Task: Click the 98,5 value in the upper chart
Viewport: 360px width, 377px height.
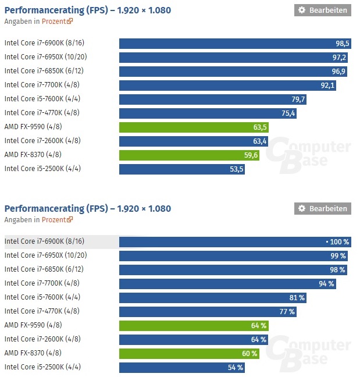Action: [x=342, y=44]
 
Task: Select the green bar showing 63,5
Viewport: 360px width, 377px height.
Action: [x=194, y=127]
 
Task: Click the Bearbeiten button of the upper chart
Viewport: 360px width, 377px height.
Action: [x=322, y=10]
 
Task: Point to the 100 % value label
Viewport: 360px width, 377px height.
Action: [x=338, y=242]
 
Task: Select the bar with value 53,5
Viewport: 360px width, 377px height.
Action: [x=182, y=169]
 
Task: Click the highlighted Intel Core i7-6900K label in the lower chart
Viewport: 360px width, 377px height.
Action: [x=44, y=241]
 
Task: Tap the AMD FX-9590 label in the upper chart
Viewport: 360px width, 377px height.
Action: [x=33, y=126]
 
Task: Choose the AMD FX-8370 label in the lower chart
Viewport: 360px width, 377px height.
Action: [x=33, y=353]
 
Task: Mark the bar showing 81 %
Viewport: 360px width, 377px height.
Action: [x=212, y=297]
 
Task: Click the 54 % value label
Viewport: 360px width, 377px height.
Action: [x=236, y=367]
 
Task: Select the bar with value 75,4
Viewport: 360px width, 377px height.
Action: [x=208, y=113]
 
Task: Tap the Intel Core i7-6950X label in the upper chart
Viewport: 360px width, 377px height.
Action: [x=46, y=56]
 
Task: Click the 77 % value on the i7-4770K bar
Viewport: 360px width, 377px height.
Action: [x=287, y=311]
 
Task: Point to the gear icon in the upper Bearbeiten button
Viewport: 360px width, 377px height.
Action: [x=301, y=10]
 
